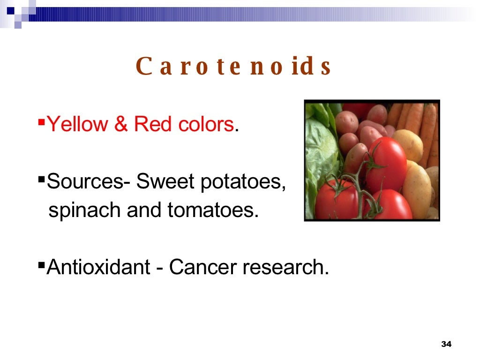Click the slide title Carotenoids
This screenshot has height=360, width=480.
pyautogui.click(x=233, y=67)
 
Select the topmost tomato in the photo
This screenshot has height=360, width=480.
pyautogui.click(x=385, y=162)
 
